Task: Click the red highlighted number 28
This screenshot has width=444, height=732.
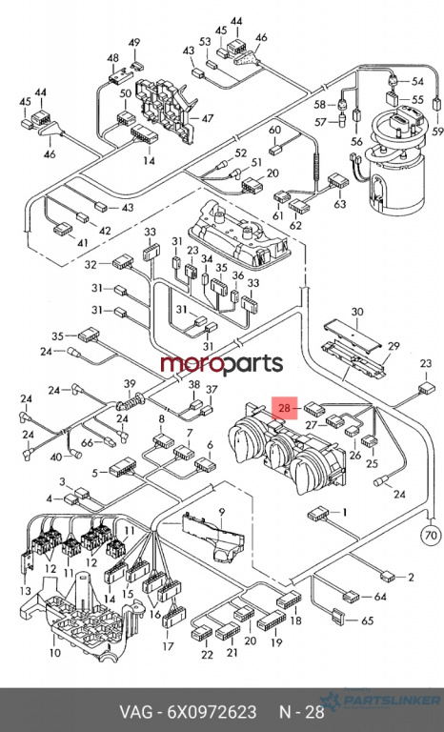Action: [285, 409]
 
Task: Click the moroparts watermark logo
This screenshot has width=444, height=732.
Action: [222, 364]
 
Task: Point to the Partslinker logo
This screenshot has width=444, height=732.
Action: [380, 701]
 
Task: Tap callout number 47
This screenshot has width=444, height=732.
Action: [208, 118]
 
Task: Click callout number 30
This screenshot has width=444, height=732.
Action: [357, 312]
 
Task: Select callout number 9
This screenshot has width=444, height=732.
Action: [222, 512]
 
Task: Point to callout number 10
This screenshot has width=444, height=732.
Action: [55, 652]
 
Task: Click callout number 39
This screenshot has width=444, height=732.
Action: [130, 384]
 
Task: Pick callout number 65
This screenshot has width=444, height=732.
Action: [368, 620]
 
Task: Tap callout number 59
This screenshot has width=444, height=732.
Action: [437, 132]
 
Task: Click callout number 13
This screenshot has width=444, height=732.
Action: [26, 592]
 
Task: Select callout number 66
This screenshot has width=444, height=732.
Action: [87, 443]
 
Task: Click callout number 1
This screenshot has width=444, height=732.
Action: [345, 513]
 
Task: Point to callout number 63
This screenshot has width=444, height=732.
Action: [340, 204]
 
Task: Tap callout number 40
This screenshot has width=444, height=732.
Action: [56, 457]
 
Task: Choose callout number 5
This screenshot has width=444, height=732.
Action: [94, 474]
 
